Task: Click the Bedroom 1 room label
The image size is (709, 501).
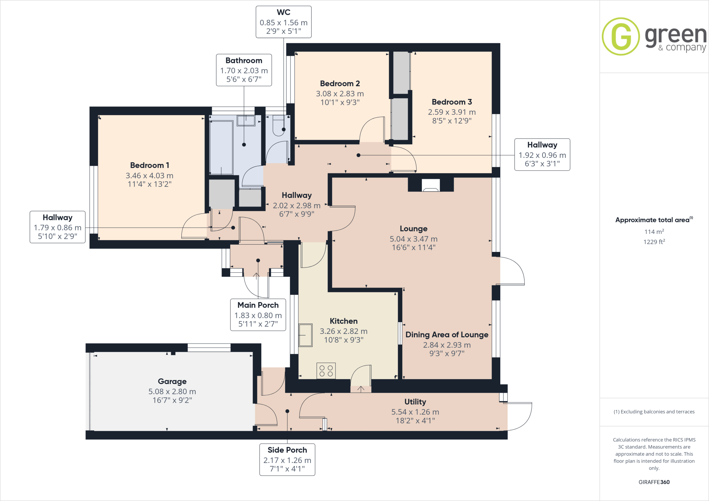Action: coord(150,165)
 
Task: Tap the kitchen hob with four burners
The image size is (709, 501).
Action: coord(326,371)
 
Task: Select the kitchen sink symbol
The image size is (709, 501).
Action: coord(305,335)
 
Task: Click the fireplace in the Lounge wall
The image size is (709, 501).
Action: coord(431,185)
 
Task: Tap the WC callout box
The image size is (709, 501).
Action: coord(284,22)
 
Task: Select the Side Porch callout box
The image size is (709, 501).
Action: coord(287,459)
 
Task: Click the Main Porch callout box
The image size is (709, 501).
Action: coord(258,315)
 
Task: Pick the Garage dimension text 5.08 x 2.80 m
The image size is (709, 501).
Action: coord(172,391)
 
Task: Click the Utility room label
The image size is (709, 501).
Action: coord(415,402)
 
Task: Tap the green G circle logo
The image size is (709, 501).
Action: coord(620,36)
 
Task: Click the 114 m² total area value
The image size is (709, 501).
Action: coord(654,231)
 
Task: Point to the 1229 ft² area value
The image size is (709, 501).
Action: coord(654,242)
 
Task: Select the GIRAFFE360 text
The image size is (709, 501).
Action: coord(654,482)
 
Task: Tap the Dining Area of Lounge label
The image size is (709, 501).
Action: coord(447,335)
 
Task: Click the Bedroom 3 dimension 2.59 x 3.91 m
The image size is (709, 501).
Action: coord(452,112)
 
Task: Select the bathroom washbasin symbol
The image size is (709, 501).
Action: coord(246,121)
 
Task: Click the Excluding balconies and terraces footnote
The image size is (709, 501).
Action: coord(654,412)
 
